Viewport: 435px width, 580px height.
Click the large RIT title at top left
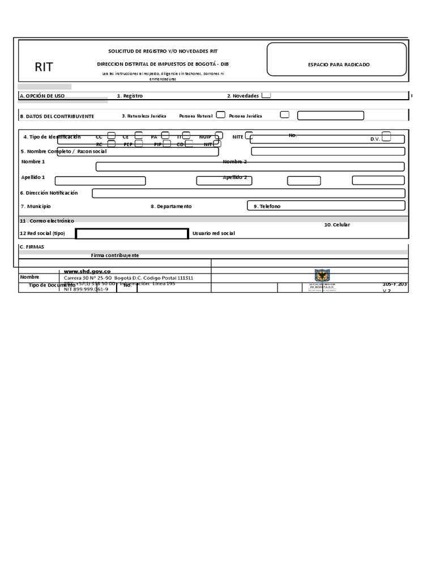point(44,67)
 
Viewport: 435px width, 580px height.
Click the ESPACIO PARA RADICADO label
point(339,65)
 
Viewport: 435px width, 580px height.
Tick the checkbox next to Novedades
point(266,95)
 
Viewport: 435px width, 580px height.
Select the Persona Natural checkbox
point(220,114)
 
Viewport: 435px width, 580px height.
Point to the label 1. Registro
point(130,96)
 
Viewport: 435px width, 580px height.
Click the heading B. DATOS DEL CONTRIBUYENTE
point(57,116)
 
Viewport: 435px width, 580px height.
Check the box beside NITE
point(248,137)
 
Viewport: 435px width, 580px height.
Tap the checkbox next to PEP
point(139,144)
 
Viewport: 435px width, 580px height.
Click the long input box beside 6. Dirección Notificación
point(248,193)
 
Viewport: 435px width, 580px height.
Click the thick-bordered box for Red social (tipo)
point(132,234)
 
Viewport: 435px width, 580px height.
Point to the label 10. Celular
point(337,225)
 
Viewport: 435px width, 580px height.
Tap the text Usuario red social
point(214,233)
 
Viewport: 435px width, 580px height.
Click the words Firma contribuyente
point(115,255)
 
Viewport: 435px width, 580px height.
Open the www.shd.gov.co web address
point(87,272)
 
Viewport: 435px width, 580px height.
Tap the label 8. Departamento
point(171,207)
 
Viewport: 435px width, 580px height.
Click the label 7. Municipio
point(36,207)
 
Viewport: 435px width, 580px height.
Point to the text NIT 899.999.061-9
point(86,289)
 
